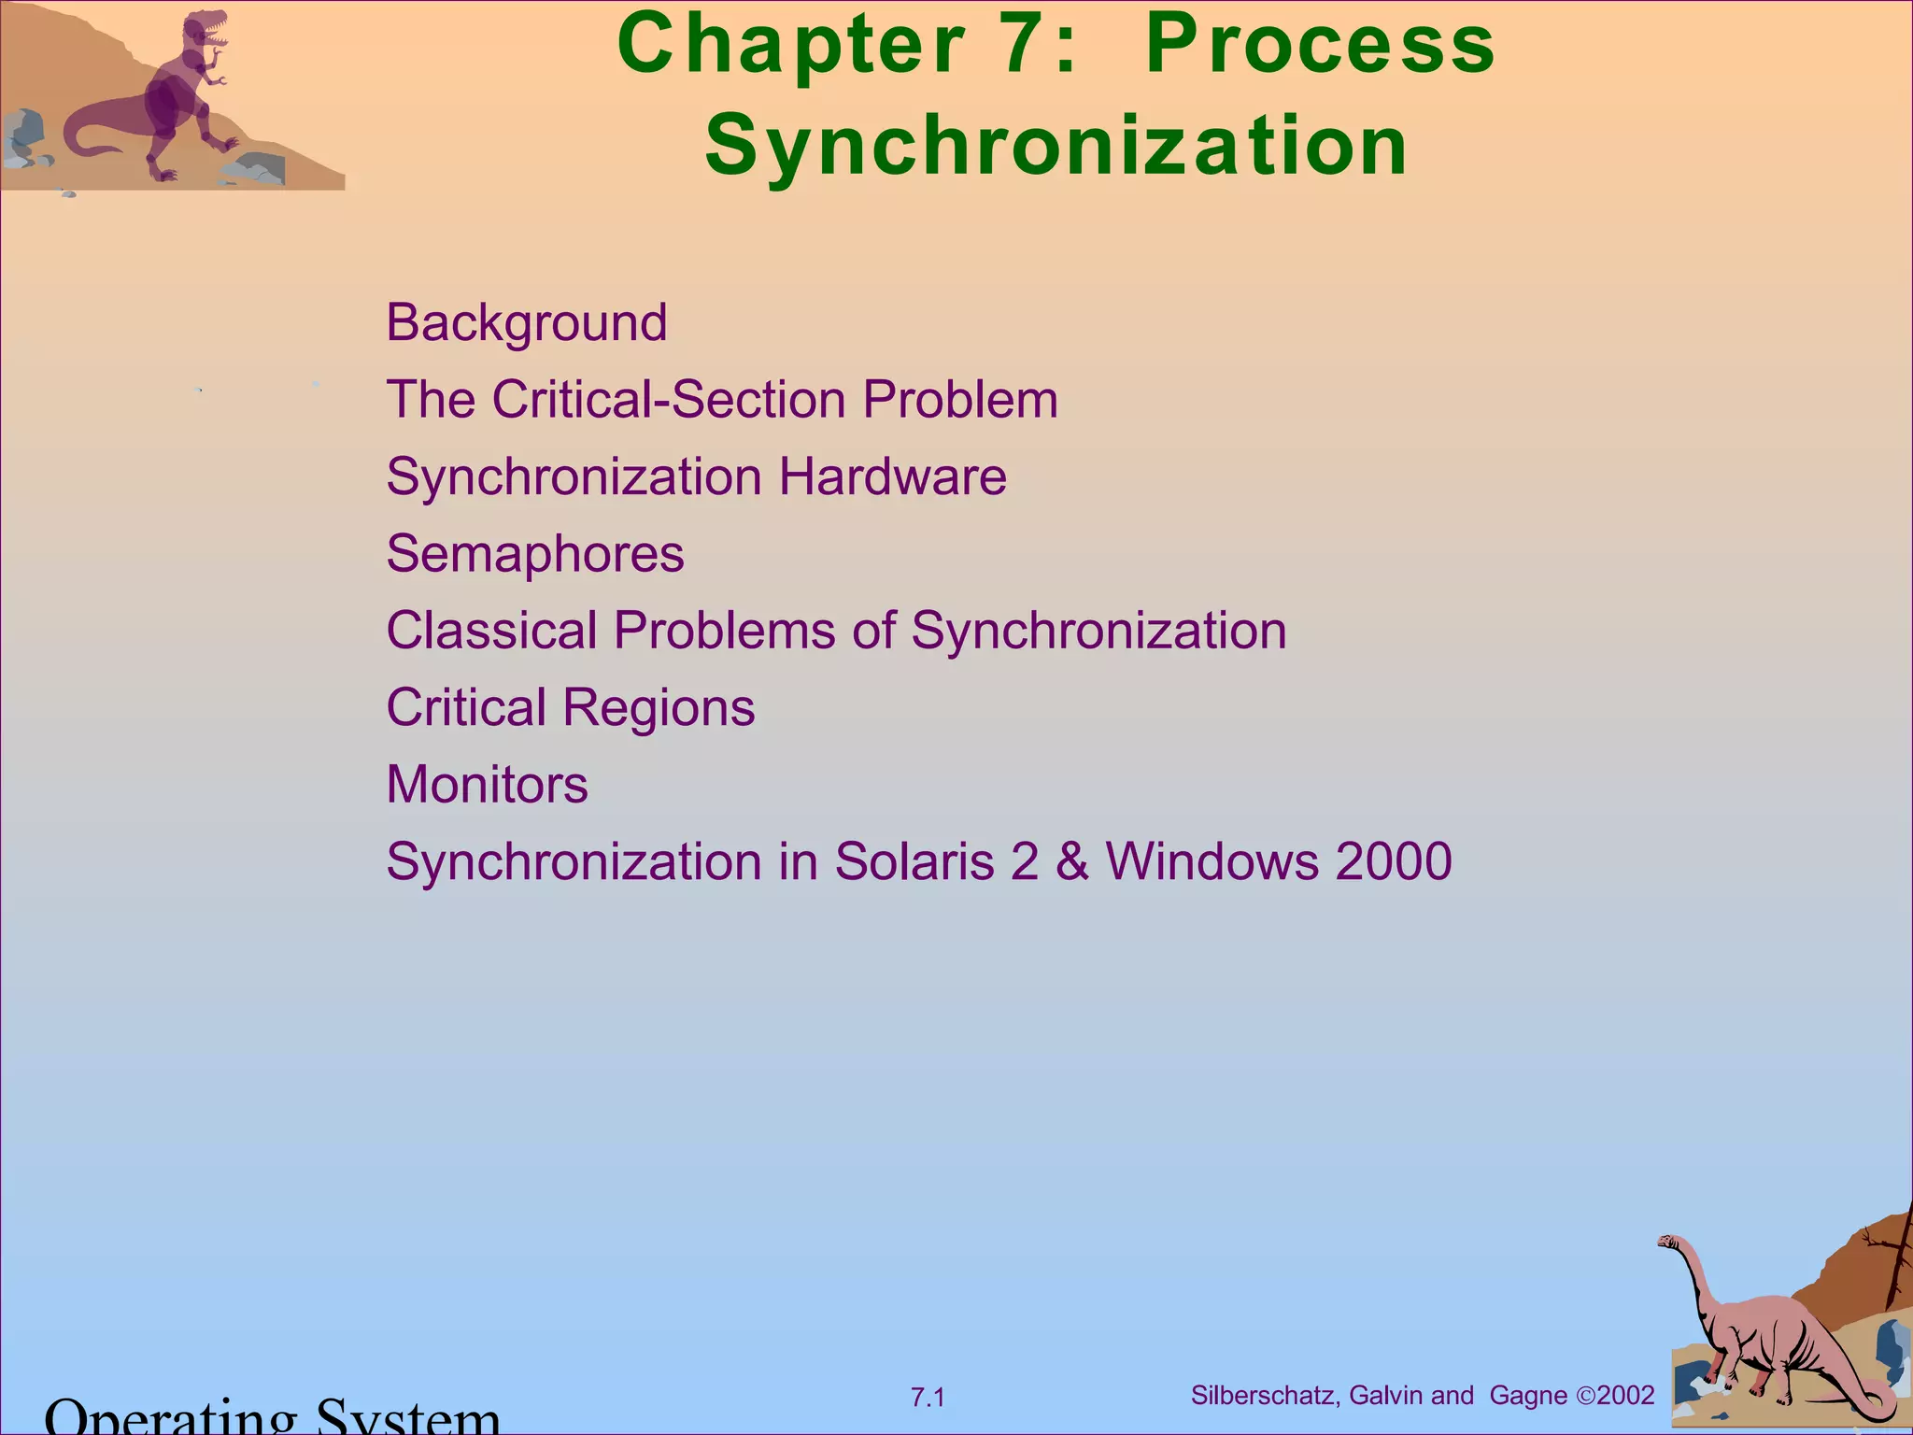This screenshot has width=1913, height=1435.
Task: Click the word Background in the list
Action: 527,323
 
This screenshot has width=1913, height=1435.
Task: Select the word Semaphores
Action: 535,554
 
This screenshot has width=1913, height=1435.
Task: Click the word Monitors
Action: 487,785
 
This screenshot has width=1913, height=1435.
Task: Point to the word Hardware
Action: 892,477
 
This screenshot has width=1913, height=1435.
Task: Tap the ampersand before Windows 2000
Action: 1072,861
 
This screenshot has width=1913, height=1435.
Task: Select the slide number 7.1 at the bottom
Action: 928,1398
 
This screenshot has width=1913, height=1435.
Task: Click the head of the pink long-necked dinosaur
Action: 1670,1243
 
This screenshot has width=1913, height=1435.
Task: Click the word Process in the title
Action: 1320,45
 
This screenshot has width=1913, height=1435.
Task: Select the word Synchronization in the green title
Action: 1056,147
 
